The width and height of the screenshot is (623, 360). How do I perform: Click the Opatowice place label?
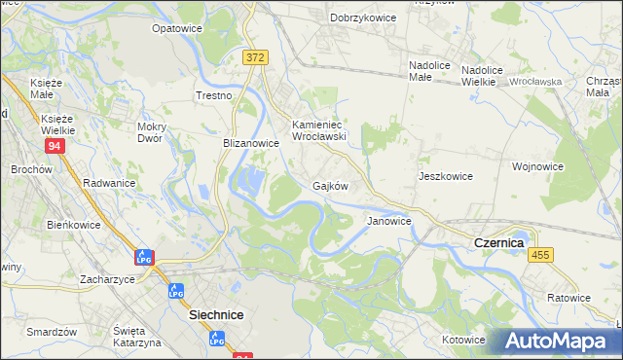tap(176, 29)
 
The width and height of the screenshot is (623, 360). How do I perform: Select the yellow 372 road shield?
tap(255, 58)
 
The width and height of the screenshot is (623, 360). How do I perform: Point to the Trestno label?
tap(214, 96)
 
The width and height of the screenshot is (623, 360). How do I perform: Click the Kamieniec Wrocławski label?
tap(320, 130)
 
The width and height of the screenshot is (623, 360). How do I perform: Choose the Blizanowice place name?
tap(251, 143)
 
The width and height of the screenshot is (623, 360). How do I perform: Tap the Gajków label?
tap(330, 185)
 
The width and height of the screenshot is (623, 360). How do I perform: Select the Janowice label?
tap(388, 221)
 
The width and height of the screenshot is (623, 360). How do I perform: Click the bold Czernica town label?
tap(499, 241)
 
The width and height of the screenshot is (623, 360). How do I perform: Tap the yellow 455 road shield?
tap(541, 254)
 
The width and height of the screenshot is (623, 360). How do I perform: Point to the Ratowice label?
tap(568, 298)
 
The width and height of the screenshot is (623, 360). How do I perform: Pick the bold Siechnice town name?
tap(215, 315)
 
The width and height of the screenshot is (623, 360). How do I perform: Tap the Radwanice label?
tap(109, 183)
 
